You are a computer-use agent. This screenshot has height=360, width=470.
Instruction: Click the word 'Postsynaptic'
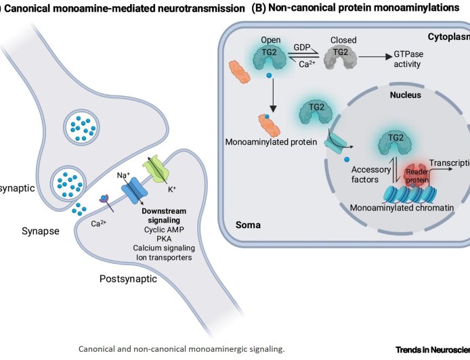point(129,277)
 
